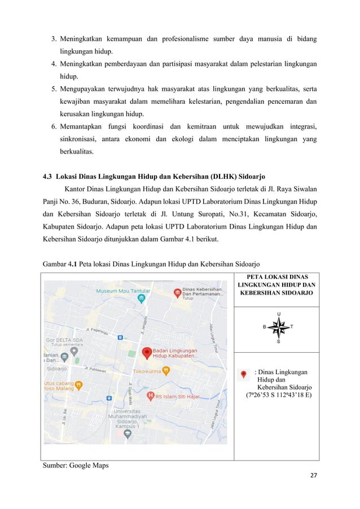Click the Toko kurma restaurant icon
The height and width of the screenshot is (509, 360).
tap(166, 371)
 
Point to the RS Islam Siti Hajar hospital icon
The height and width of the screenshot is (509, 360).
tap(151, 396)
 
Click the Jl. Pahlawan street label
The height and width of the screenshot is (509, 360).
tap(96, 370)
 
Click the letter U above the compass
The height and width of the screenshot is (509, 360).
tap(278, 314)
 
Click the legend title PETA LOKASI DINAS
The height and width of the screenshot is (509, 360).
tap(276, 277)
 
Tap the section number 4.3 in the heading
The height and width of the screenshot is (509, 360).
tap(49, 175)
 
